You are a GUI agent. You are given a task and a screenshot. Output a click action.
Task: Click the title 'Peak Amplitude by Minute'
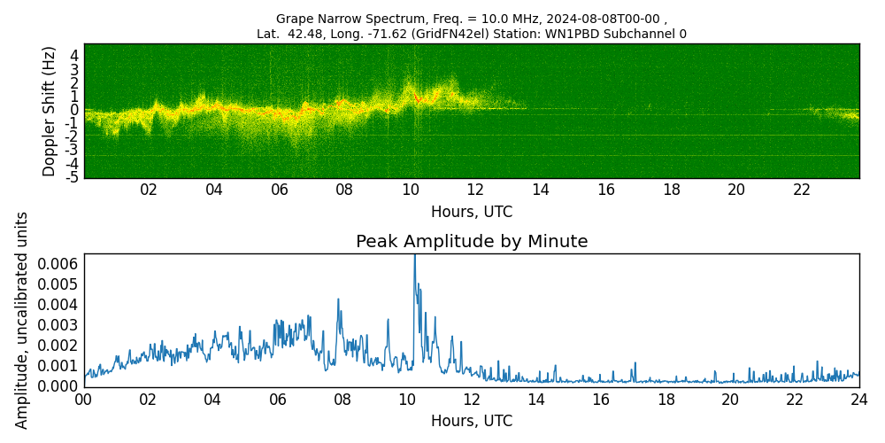(x=472, y=242)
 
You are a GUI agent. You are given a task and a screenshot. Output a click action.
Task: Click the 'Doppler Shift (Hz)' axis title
(x=50, y=111)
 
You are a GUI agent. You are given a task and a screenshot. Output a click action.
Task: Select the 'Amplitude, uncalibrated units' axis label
(x=22, y=320)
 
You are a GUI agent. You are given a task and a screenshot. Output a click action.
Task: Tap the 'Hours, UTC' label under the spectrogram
(x=472, y=213)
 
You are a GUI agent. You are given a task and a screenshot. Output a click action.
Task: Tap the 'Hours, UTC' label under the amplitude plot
(x=472, y=422)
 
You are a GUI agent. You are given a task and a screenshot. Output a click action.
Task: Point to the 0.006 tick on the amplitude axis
(x=58, y=264)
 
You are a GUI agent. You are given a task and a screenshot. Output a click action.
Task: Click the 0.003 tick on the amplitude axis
(x=58, y=325)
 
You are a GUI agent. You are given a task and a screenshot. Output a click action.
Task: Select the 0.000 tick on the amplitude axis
(x=58, y=386)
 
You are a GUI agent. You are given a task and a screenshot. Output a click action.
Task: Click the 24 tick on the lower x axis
(x=859, y=400)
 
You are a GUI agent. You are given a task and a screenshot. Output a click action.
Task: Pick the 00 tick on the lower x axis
(x=83, y=400)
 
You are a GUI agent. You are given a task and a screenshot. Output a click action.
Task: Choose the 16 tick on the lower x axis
(x=601, y=400)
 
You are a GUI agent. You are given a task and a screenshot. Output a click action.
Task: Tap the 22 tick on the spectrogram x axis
(x=802, y=190)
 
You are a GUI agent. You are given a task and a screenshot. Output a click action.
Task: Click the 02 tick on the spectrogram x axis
(x=148, y=190)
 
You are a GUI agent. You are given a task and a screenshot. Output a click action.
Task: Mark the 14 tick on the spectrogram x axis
(x=541, y=190)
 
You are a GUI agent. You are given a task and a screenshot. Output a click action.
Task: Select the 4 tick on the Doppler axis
(x=75, y=55)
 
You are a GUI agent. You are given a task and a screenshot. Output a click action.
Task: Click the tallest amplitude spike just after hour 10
(x=414, y=257)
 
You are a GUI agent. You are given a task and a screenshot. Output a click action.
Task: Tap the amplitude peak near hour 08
(x=338, y=299)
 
